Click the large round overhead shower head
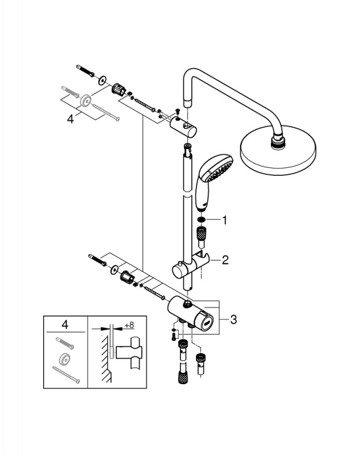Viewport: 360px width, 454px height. coord(278,150)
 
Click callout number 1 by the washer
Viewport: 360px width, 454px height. coord(224,220)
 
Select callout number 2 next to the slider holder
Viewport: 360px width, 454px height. coord(225,260)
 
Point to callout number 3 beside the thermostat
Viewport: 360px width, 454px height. coord(233,320)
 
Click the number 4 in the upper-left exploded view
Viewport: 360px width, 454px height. coord(70,119)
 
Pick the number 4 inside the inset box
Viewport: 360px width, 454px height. coord(65,325)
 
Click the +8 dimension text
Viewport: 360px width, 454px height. coord(129,325)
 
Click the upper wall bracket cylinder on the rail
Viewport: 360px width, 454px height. coord(183,127)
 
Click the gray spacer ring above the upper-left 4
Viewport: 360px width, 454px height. coord(86,100)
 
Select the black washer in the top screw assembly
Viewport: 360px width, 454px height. coord(102,81)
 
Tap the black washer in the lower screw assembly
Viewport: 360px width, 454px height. coord(114,270)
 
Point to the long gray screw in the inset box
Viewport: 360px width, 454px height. coord(66,375)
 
